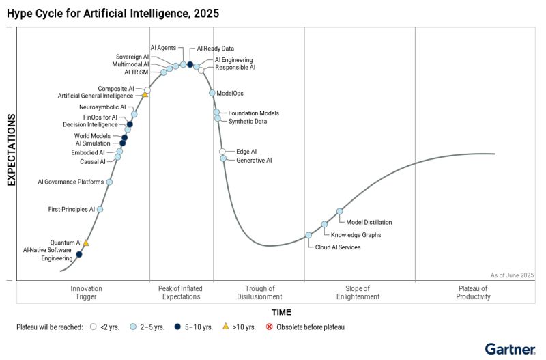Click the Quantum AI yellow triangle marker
click(x=86, y=243)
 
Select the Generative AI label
click(x=254, y=161)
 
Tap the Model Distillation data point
click(x=339, y=212)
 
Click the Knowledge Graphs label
click(x=361, y=235)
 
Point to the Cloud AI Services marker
click(x=308, y=235)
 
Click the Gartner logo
click(x=510, y=349)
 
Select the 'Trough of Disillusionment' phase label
click(x=259, y=292)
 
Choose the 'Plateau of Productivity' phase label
click(x=474, y=292)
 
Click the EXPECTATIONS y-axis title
click(x=12, y=150)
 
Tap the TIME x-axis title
click(x=281, y=312)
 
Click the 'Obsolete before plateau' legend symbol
click(x=269, y=327)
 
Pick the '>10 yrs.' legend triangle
click(x=226, y=327)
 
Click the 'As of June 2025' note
click(x=512, y=275)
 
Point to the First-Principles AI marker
click(x=100, y=210)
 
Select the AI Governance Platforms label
click(x=71, y=182)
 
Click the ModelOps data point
click(x=212, y=93)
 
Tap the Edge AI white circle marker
click(x=222, y=152)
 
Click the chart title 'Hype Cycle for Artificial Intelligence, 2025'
click(x=113, y=12)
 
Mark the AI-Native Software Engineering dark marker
click(x=78, y=254)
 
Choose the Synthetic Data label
click(x=248, y=122)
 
